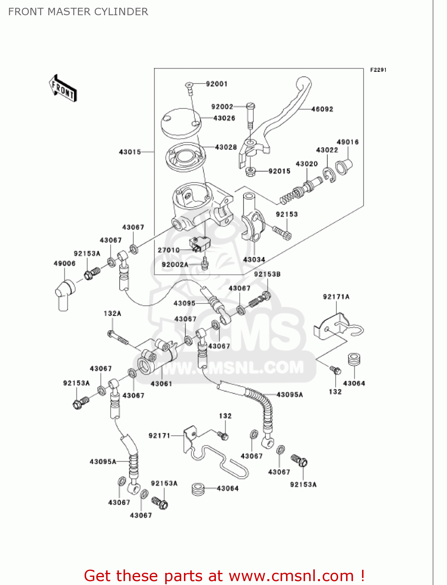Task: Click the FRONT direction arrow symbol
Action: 63,89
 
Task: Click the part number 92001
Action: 216,84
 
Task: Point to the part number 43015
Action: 130,152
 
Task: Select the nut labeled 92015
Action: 250,171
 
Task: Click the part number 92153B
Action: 267,274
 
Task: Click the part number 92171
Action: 159,435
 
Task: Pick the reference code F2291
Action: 378,70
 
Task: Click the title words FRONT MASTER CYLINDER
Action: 78,12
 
